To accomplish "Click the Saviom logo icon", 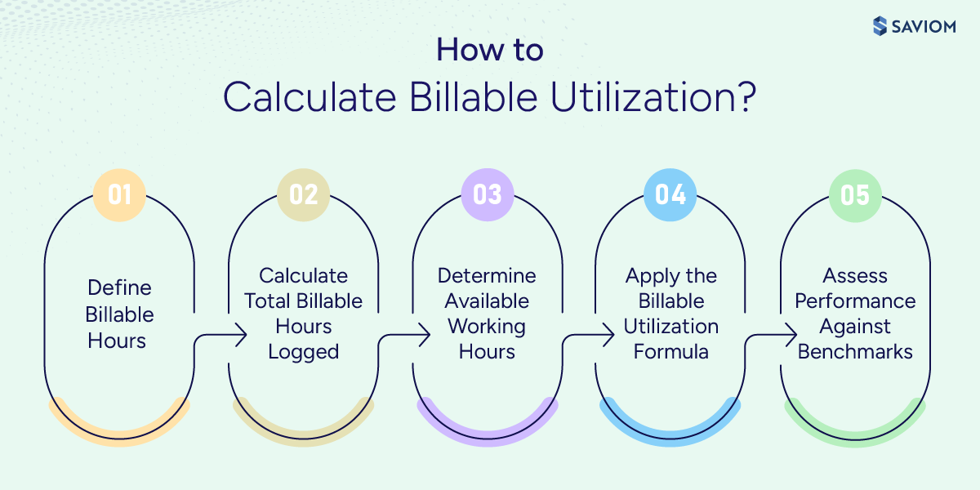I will (x=879, y=25).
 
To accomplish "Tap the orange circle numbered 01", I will (x=119, y=194).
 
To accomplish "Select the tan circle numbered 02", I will (x=303, y=194).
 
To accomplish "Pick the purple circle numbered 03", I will (x=487, y=194).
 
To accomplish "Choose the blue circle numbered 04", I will (x=670, y=194).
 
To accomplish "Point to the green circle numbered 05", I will (x=855, y=194).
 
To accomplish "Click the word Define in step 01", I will (x=119, y=288).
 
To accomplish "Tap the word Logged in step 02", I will (x=303, y=352).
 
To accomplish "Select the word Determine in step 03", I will (x=487, y=275).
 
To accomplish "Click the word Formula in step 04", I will (x=671, y=352).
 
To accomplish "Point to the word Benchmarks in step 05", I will (x=855, y=352).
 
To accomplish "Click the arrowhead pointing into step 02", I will (x=241, y=333).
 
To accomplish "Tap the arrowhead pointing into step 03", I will (x=425, y=333).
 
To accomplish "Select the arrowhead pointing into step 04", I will (x=608, y=333).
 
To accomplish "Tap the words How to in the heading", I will (x=489, y=51).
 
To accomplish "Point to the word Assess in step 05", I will (x=855, y=275).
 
